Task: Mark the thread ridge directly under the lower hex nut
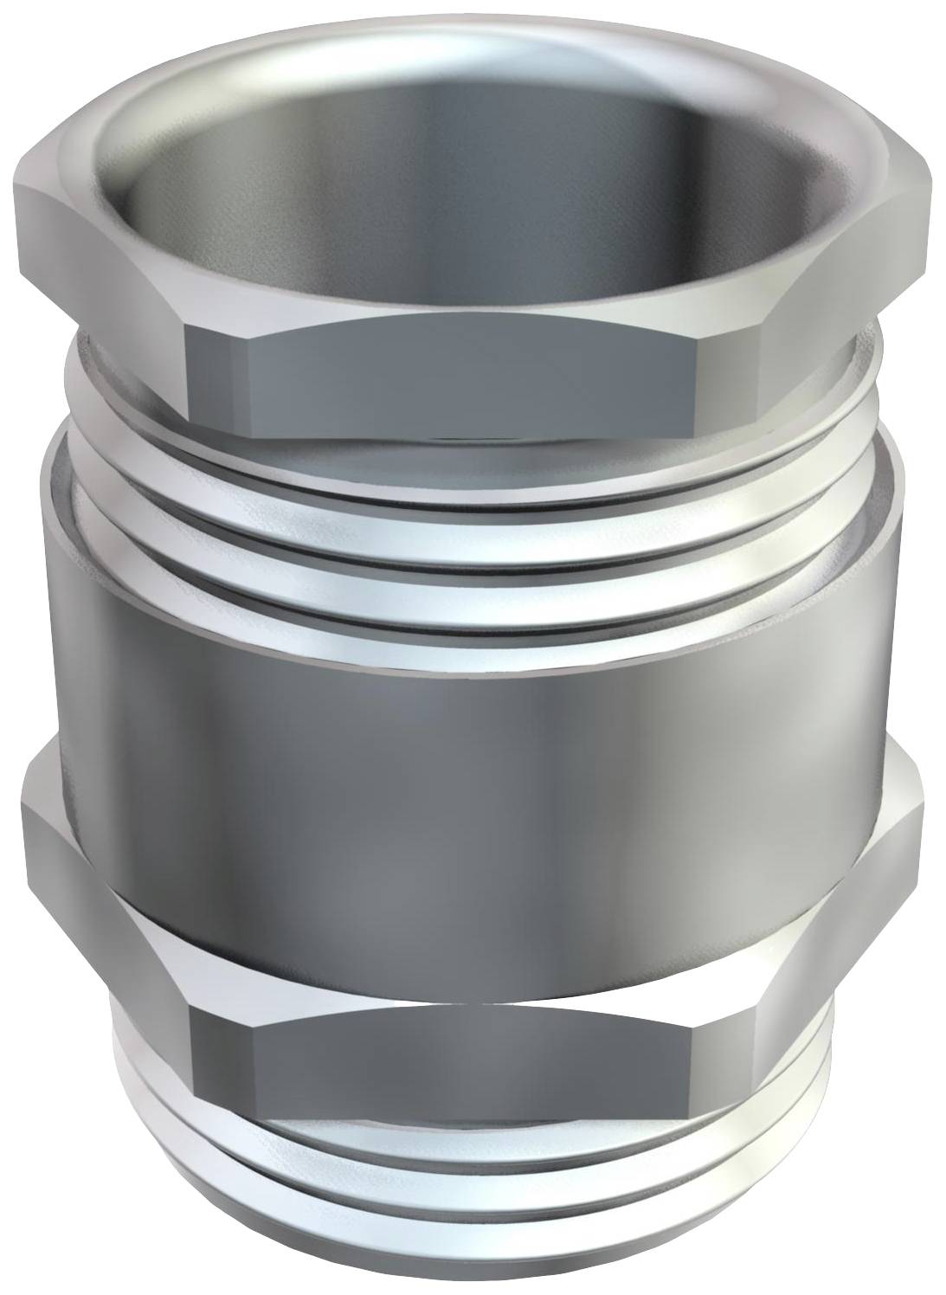coord(485,1151)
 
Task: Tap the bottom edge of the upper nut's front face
coord(472,433)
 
